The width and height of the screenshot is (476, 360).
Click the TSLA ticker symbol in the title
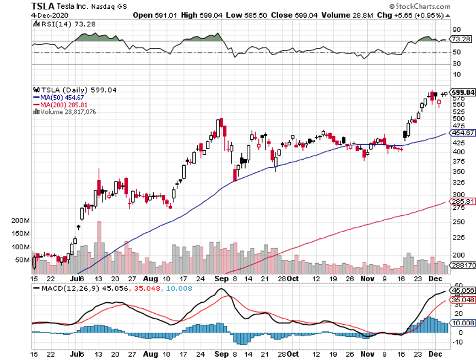[42, 6]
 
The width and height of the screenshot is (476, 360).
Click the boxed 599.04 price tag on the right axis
[463, 92]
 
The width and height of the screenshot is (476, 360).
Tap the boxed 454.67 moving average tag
[463, 133]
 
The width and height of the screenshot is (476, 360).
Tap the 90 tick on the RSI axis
[456, 29]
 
